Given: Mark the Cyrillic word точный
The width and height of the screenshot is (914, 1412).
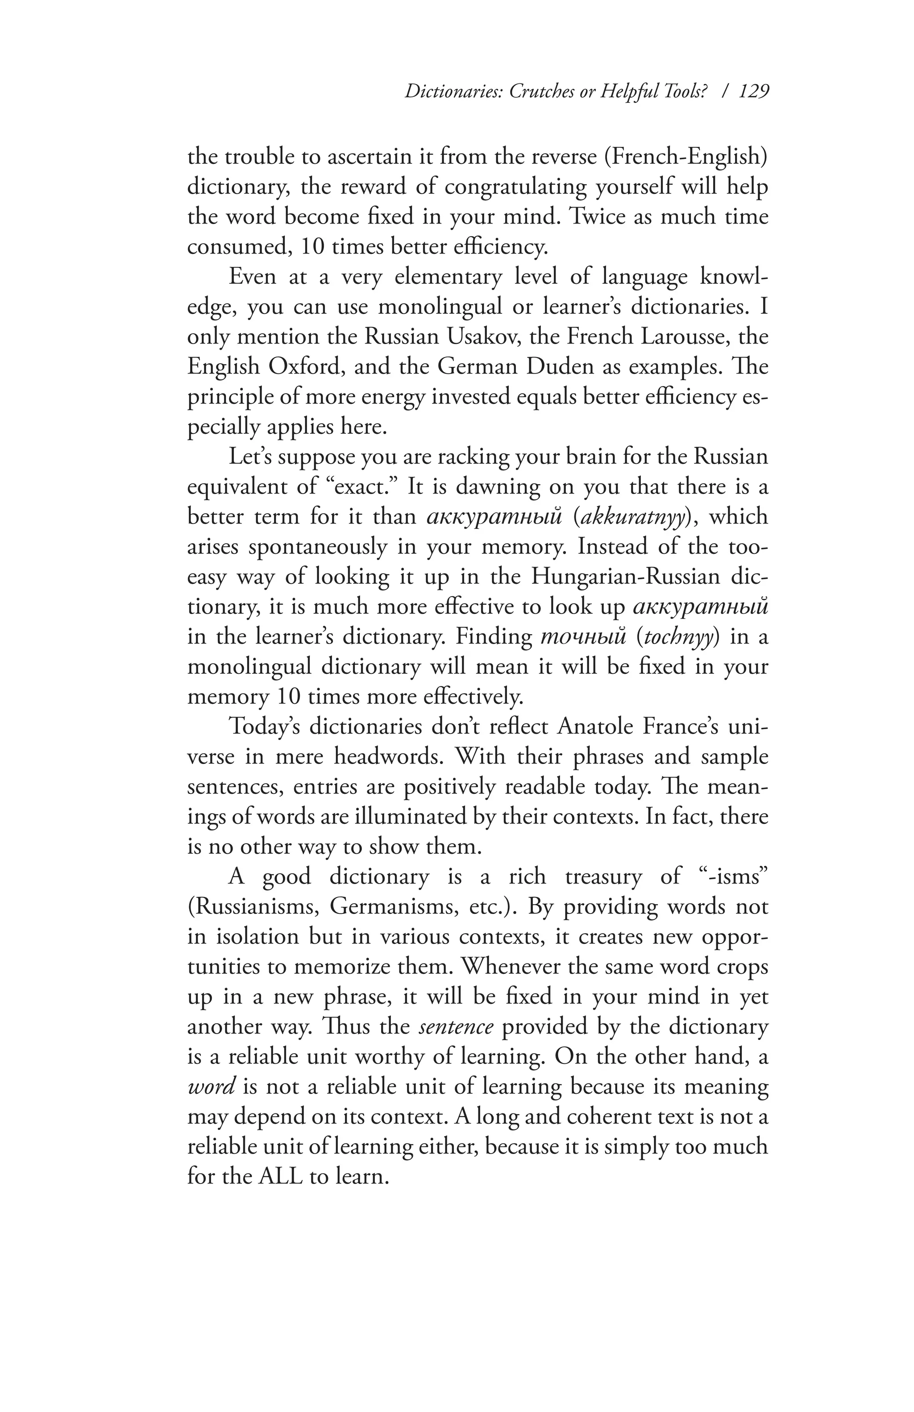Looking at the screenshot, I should (x=584, y=636).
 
